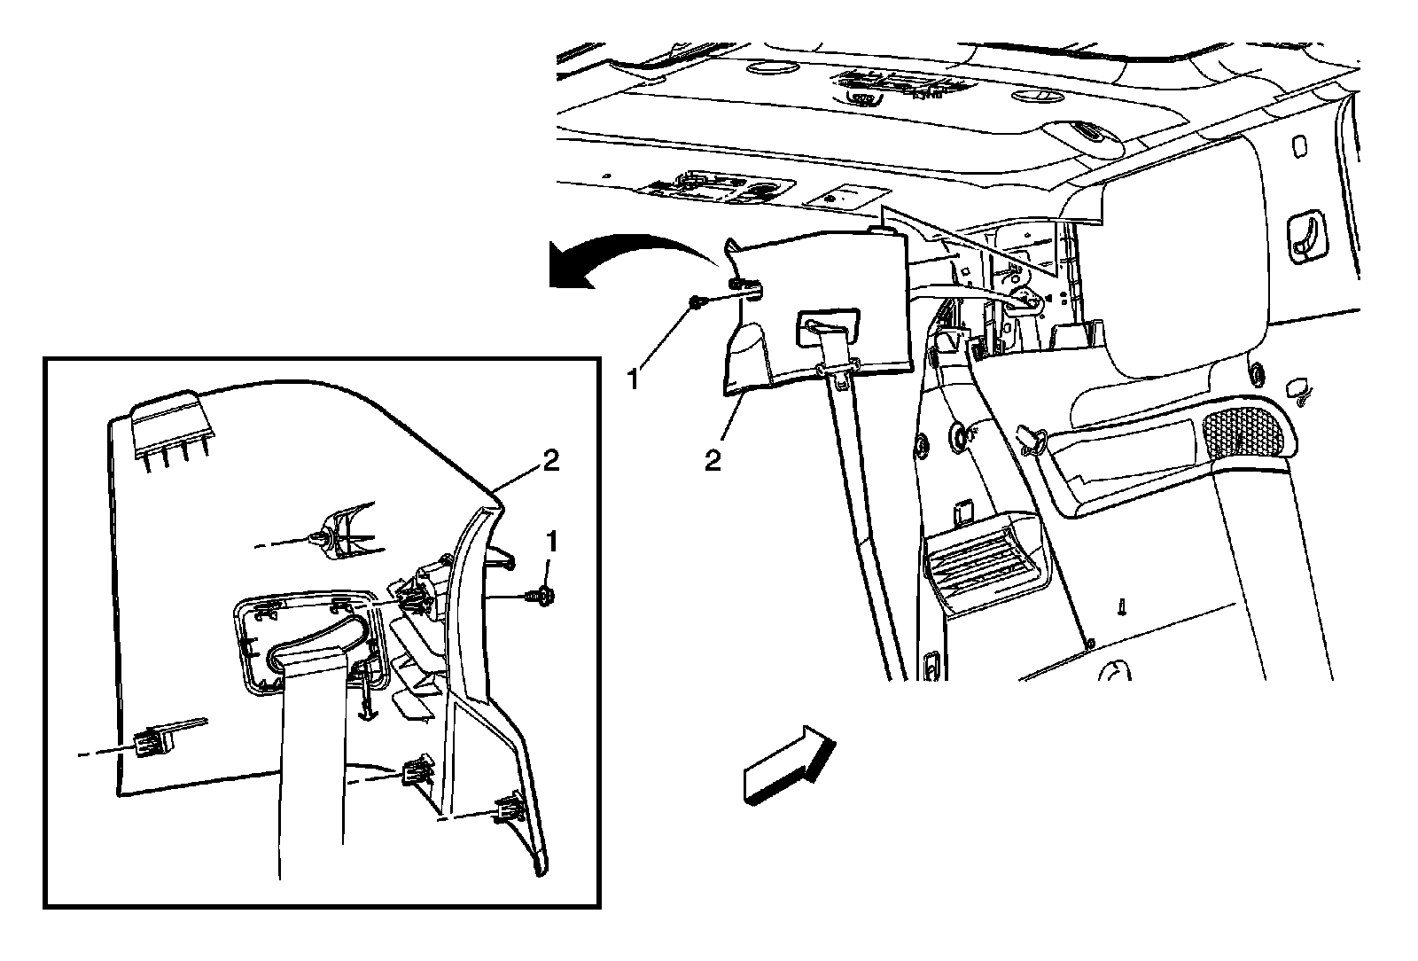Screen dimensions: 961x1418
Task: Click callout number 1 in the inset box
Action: (551, 540)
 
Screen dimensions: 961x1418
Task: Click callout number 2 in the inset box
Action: (550, 461)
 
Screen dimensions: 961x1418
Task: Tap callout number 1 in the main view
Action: (633, 380)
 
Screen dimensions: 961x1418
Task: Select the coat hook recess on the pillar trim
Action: (1304, 236)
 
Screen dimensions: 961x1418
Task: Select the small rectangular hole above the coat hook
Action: (1300, 146)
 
